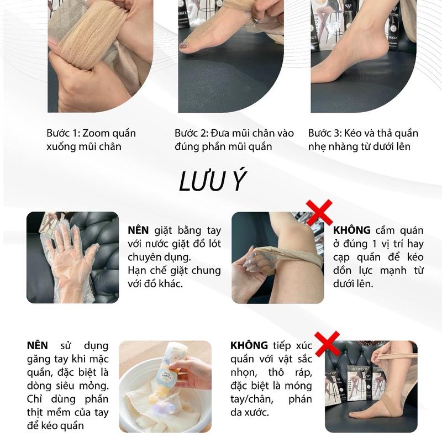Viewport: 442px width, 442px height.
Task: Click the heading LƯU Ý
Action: point(213,181)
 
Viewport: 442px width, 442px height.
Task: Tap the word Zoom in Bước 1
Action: point(94,133)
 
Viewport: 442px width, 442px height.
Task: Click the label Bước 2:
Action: point(191,133)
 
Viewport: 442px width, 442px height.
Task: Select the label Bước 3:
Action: point(325,133)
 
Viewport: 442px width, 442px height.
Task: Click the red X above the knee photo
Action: point(319,213)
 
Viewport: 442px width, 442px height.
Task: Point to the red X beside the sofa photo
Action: point(327,344)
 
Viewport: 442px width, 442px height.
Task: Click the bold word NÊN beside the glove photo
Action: point(138,230)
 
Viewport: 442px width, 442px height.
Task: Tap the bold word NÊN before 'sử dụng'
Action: point(38,345)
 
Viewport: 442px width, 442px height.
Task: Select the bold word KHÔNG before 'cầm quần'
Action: point(352,230)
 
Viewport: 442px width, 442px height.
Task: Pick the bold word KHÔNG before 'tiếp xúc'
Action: point(249,345)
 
